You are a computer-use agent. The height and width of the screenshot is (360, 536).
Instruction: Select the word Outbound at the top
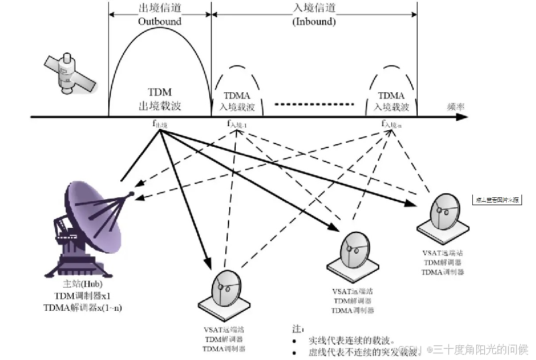pos(159,21)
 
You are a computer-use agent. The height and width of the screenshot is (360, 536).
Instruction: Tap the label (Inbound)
pos(313,21)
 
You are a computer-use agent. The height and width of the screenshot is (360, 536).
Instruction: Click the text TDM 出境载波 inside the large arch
pos(159,100)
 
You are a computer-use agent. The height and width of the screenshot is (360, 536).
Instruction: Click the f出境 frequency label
pos(160,124)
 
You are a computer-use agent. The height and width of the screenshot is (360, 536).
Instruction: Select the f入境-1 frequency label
pos(236,124)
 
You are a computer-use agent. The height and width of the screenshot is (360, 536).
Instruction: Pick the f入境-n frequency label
pos(391,124)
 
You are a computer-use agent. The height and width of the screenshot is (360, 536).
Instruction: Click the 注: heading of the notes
pos(298,329)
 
